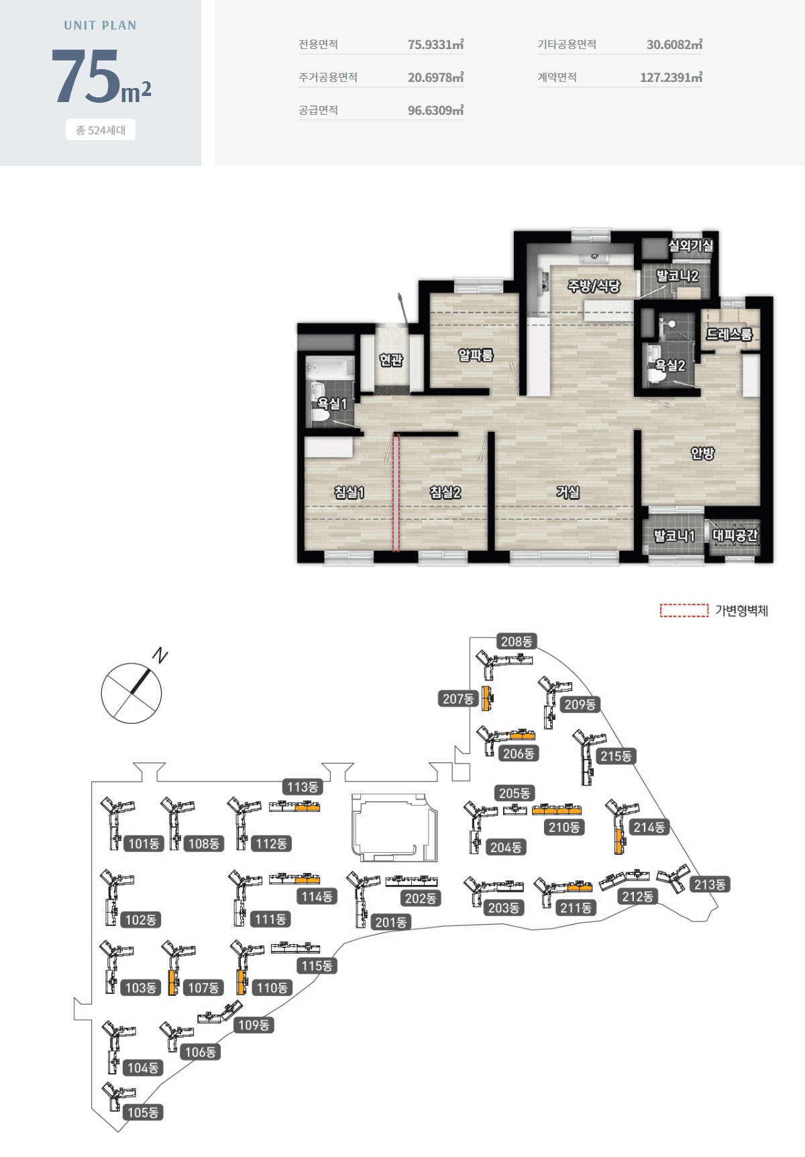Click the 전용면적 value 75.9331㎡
click(435, 44)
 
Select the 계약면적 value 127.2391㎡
click(671, 77)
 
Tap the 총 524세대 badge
click(101, 130)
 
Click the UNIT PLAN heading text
click(101, 26)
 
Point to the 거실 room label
click(568, 492)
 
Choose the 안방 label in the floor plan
click(702, 453)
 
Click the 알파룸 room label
click(476, 355)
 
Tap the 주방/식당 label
click(594, 286)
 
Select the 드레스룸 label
click(729, 334)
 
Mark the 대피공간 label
click(735, 535)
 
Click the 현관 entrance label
click(391, 360)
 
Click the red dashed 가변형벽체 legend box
click(684, 610)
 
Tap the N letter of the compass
click(160, 655)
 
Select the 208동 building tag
click(517, 641)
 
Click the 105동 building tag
click(143, 1113)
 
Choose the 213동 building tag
click(710, 884)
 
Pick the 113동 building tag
click(303, 787)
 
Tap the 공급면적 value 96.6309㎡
click(435, 110)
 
